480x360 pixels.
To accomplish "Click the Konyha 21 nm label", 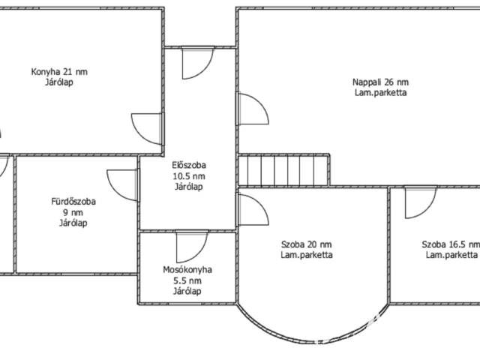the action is click(x=59, y=72).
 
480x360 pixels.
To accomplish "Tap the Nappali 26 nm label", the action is click(x=380, y=82).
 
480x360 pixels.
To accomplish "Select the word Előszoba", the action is click(x=189, y=165).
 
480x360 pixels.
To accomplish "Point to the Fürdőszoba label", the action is click(x=73, y=202).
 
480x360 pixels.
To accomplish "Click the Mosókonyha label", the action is click(x=187, y=270).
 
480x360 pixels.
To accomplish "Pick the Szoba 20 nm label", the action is click(x=307, y=244).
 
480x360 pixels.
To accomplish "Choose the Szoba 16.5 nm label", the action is click(x=451, y=244).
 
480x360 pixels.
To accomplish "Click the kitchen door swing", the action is click(x=147, y=128).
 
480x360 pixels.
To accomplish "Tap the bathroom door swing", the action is click(x=122, y=185).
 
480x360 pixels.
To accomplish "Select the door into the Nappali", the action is click(x=253, y=109).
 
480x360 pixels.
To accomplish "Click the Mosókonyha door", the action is click(x=192, y=247).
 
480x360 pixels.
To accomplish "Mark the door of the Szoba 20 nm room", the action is click(x=253, y=210).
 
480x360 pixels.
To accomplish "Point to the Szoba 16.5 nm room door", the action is click(x=421, y=202).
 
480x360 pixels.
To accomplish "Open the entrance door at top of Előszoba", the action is click(x=198, y=63).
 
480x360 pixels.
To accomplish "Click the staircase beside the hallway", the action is click(x=283, y=170).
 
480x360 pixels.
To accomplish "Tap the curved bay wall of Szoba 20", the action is click(x=313, y=341).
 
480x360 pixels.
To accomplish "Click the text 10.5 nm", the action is click(x=189, y=176).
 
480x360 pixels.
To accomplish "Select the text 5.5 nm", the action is click(x=187, y=280).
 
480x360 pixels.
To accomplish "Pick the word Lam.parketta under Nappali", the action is click(x=380, y=93).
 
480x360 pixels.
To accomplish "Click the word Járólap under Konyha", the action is click(x=59, y=82).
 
